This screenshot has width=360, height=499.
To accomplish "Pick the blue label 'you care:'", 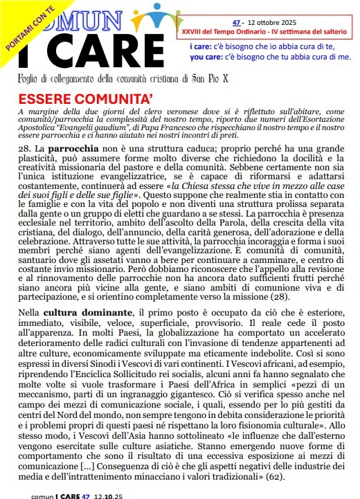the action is coord(204,57).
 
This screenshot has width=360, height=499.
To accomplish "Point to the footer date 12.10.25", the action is coord(115,496).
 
